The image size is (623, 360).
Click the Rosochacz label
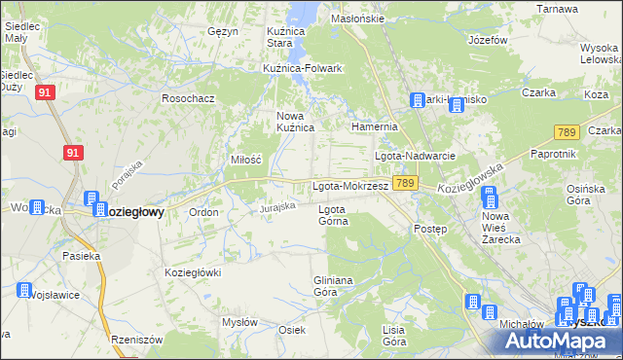188,98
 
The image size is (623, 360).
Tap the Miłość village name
246,159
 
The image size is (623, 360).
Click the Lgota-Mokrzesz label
350,185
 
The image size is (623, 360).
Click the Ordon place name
203,212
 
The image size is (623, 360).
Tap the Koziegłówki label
195,272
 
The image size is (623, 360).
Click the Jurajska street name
276,206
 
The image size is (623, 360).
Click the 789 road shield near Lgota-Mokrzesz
406,183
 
